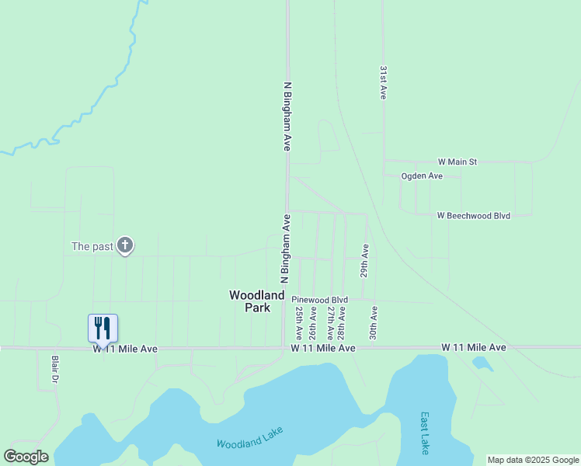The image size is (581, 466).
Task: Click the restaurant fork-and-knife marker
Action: (103, 328)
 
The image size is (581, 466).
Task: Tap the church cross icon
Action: (125, 246)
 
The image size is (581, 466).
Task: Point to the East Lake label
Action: (425, 433)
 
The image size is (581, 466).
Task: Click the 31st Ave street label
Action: (383, 82)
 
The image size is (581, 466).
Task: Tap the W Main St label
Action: (457, 162)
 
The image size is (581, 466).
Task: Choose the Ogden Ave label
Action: (422, 176)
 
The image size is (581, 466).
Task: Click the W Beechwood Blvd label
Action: (473, 215)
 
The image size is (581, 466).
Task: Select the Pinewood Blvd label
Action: (319, 300)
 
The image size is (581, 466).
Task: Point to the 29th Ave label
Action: (364, 260)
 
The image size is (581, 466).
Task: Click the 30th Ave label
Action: (374, 322)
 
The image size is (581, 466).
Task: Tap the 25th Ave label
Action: (299, 322)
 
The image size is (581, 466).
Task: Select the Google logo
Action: (26, 457)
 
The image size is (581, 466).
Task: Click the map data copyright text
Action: (533, 460)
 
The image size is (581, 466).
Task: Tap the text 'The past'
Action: (92, 247)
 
